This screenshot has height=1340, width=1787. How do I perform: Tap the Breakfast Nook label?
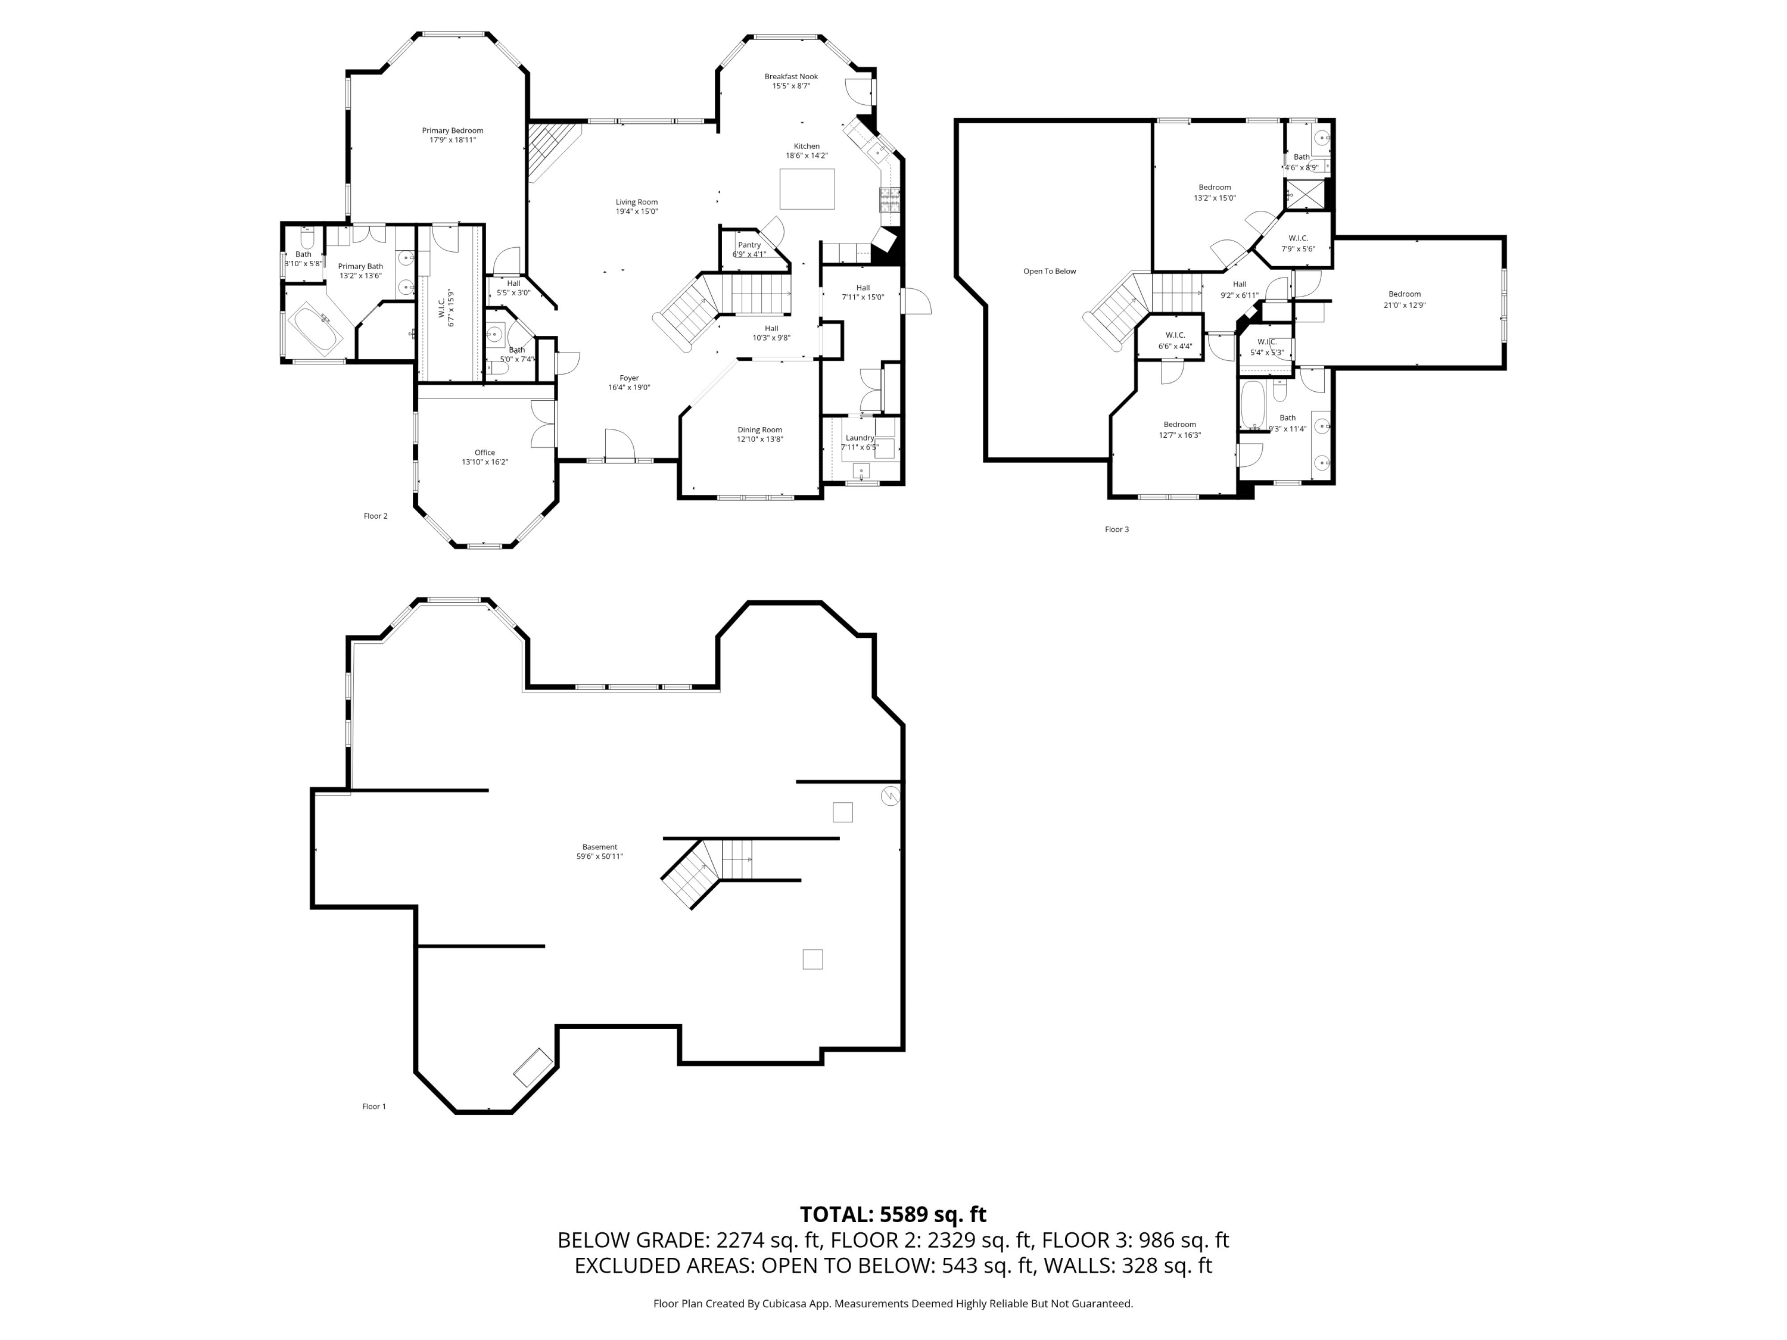tap(791, 77)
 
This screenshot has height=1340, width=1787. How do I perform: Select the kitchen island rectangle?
tap(807, 189)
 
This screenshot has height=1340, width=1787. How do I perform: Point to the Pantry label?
tap(749, 245)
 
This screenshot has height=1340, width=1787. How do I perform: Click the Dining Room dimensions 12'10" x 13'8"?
tap(759, 440)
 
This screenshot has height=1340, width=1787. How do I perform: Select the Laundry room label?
tap(860, 438)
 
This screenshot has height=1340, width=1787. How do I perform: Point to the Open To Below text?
tap(1050, 272)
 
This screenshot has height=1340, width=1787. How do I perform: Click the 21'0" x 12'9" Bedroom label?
tap(1404, 295)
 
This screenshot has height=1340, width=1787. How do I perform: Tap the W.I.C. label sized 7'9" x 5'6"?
tap(1298, 238)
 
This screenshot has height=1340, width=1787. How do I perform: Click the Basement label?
tap(599, 847)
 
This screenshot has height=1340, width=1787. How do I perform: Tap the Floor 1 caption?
tap(374, 1107)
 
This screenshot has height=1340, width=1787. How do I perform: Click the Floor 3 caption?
tap(1116, 530)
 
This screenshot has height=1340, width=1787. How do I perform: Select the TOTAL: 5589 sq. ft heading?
tap(893, 1215)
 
